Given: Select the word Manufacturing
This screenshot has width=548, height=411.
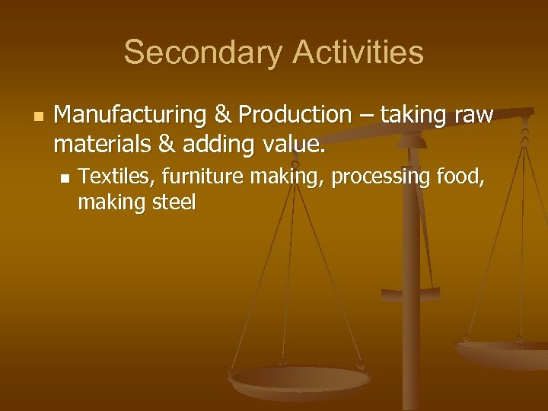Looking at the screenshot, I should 132,115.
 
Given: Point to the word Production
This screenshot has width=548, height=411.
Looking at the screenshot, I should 295,115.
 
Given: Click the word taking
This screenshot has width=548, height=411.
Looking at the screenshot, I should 414,115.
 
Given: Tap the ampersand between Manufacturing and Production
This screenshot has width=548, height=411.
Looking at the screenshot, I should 223,115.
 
